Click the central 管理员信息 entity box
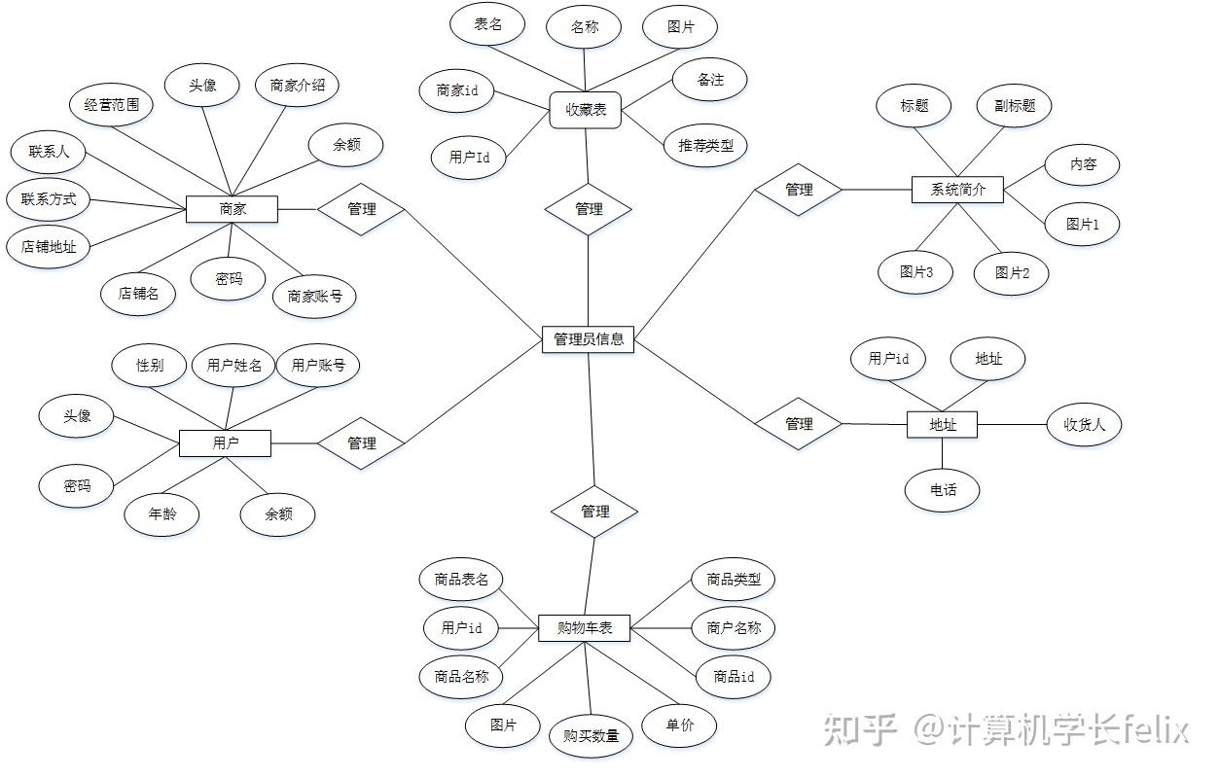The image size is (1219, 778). (x=589, y=339)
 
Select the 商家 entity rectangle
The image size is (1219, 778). (x=232, y=208)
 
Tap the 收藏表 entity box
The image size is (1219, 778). (x=585, y=111)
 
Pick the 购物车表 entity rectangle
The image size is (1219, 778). (x=585, y=627)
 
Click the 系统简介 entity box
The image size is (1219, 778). (x=957, y=189)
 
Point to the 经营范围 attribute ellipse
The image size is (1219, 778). (x=112, y=105)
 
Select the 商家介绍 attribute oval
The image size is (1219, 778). (x=298, y=86)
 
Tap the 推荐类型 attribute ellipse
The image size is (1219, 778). (x=705, y=147)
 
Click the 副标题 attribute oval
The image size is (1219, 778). (x=1015, y=106)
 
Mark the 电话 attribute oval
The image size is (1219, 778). (x=943, y=489)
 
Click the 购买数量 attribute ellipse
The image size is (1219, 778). (x=591, y=736)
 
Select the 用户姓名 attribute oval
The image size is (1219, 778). (x=233, y=366)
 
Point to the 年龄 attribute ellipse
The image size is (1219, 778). (x=161, y=514)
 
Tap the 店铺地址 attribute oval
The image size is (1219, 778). (x=49, y=247)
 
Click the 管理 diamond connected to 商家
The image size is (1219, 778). (x=361, y=208)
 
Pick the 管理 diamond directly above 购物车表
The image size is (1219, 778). (x=594, y=512)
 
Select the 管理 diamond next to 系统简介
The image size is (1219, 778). (x=799, y=190)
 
